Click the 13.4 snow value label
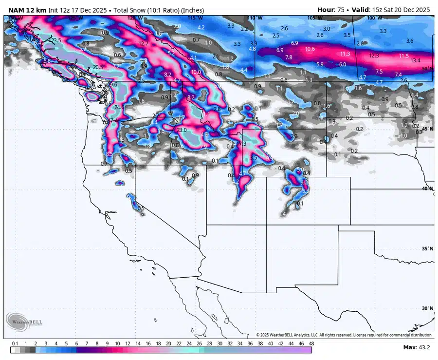415,60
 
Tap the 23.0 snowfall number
182,130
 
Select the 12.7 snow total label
143,43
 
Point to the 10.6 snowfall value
310,49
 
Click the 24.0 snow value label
119,107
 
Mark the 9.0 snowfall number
304,182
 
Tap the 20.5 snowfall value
98,67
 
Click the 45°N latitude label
427,129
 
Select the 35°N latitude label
427,248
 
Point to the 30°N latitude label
427,308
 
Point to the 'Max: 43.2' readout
416,347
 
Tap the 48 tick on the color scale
310,343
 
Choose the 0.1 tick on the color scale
15,343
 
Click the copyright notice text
344,335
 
